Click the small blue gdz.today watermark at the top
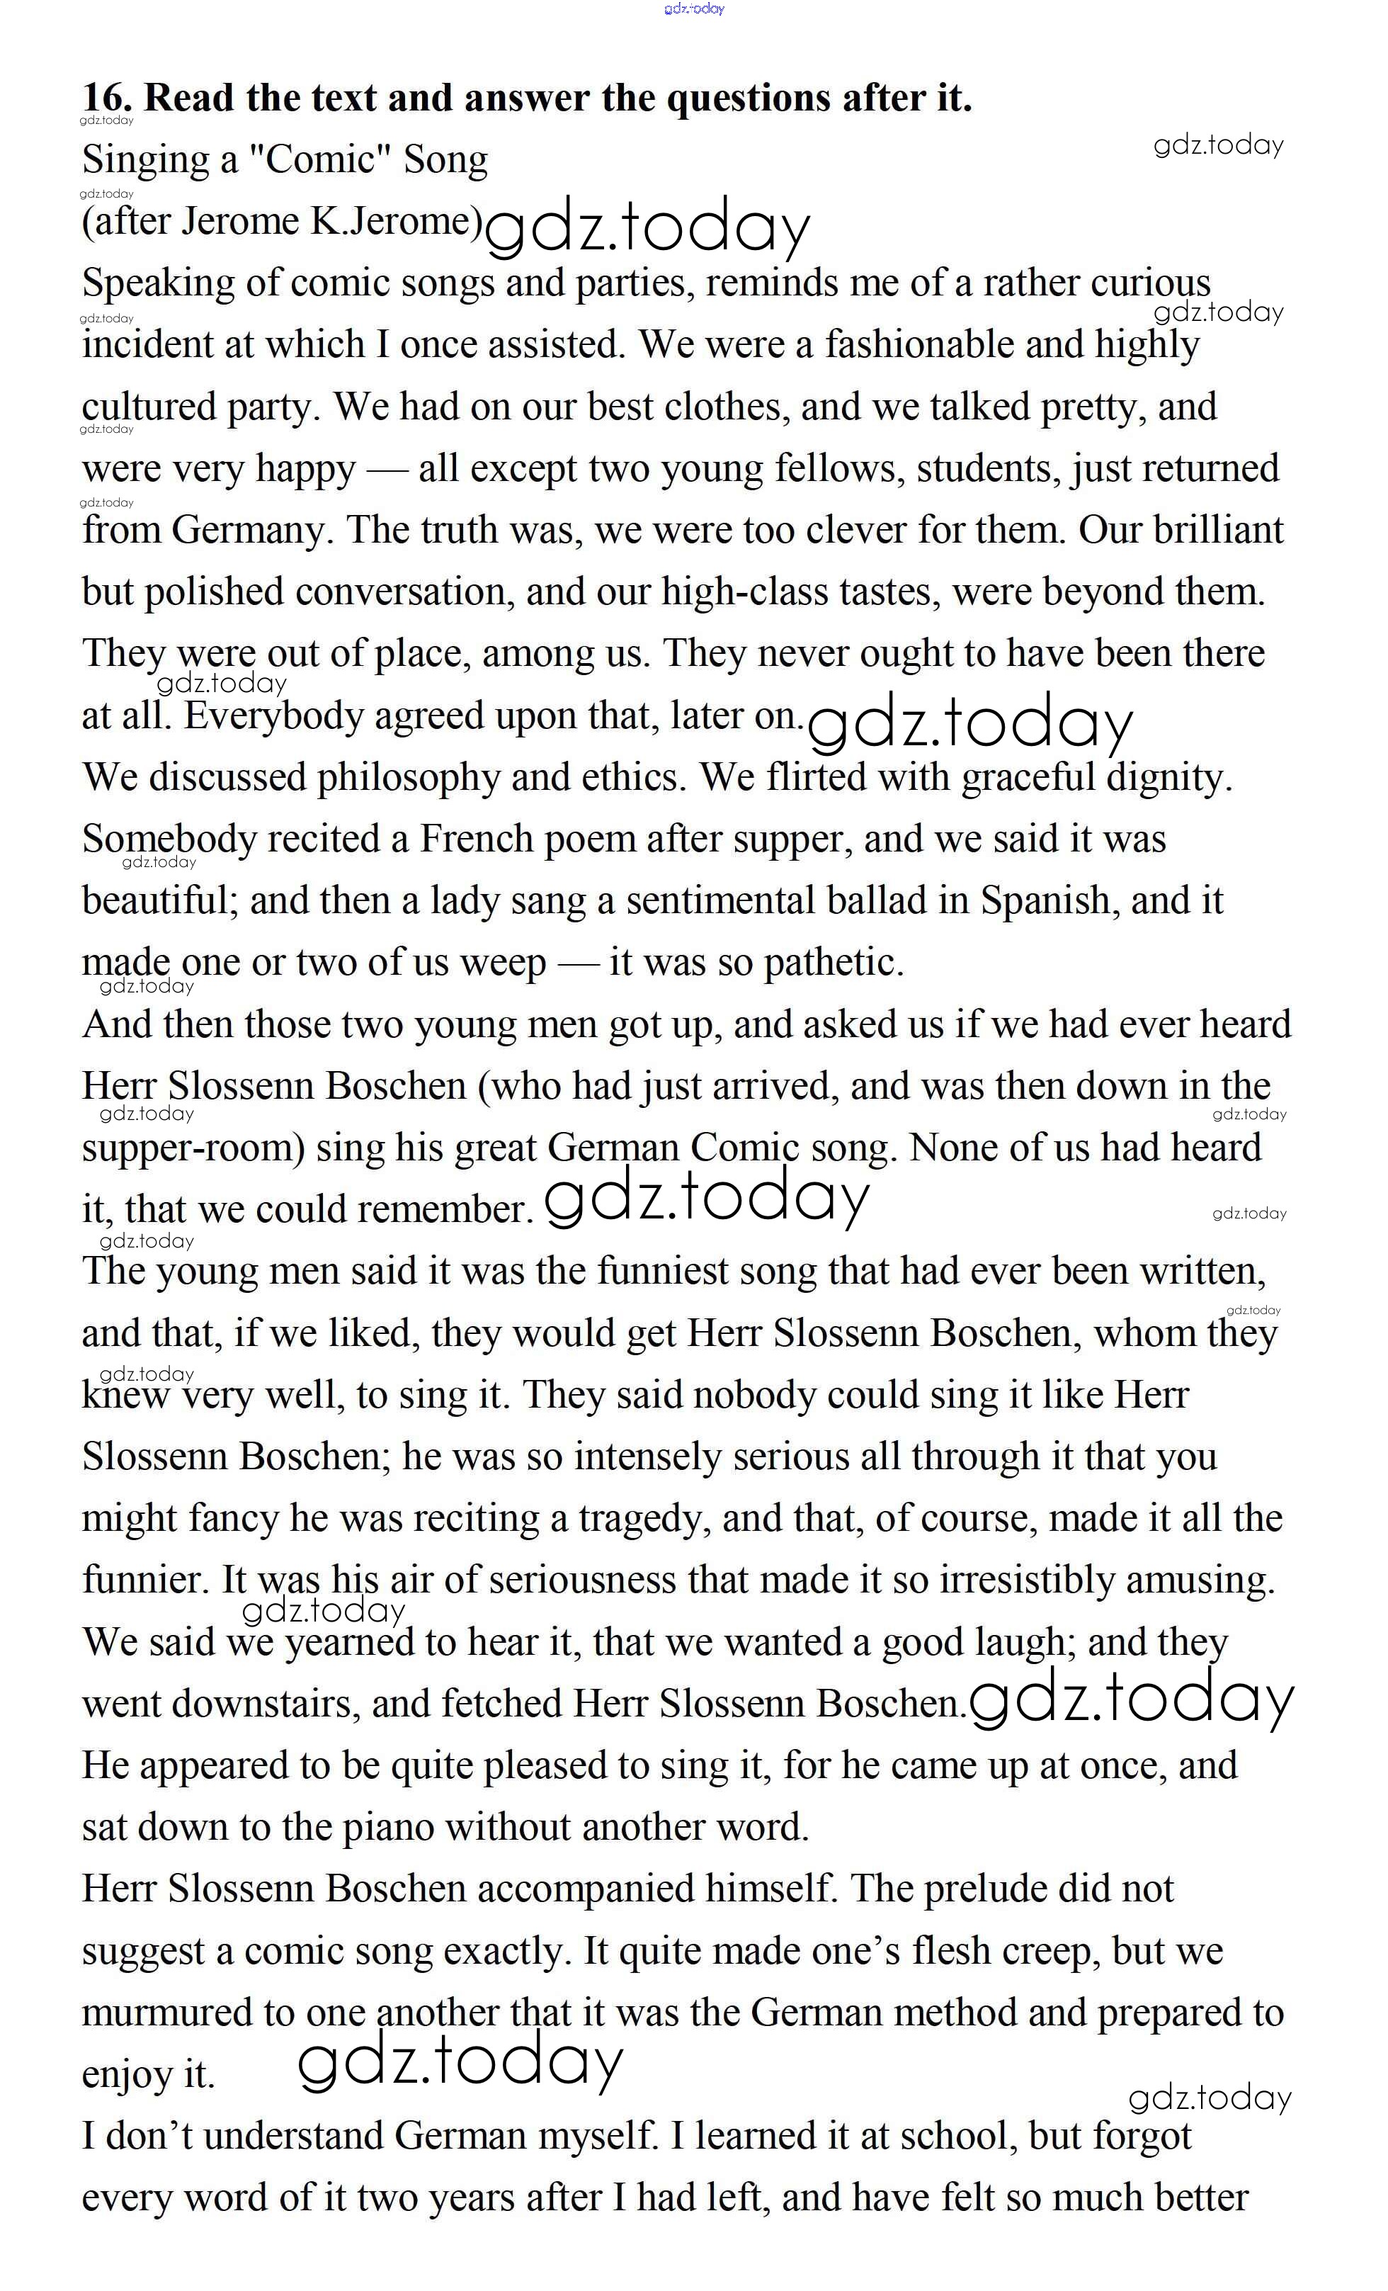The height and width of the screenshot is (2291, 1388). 693,9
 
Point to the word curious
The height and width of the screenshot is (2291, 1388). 1150,283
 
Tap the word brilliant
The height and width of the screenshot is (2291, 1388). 1218,530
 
